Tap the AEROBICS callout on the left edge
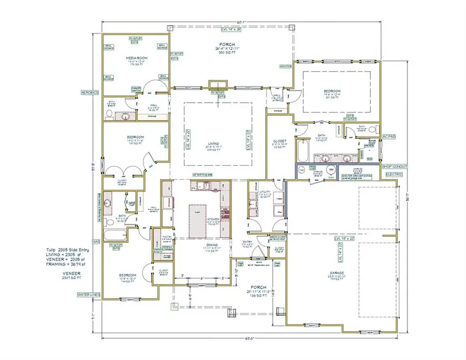click(90, 92)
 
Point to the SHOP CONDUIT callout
click(395, 166)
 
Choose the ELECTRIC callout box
click(395, 175)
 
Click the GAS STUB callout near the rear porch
click(285, 66)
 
